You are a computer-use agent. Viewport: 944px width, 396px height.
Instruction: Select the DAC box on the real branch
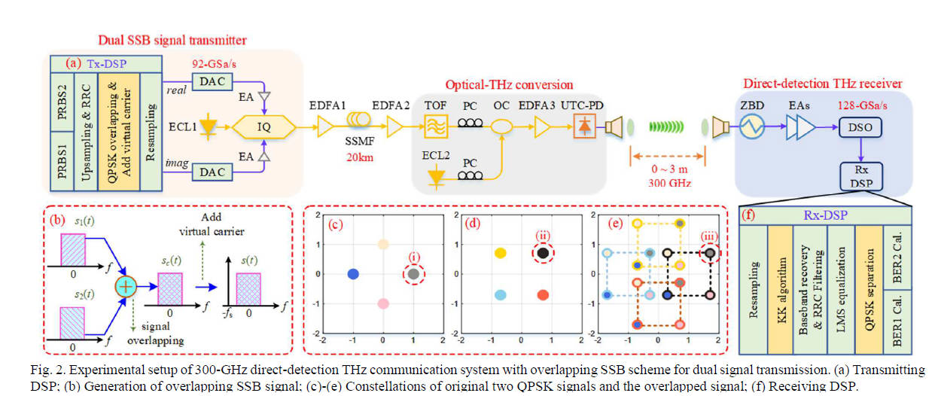click(x=212, y=80)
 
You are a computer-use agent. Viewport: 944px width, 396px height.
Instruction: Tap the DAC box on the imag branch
click(x=212, y=172)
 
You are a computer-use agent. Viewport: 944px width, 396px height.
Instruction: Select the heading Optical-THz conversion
click(x=509, y=85)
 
